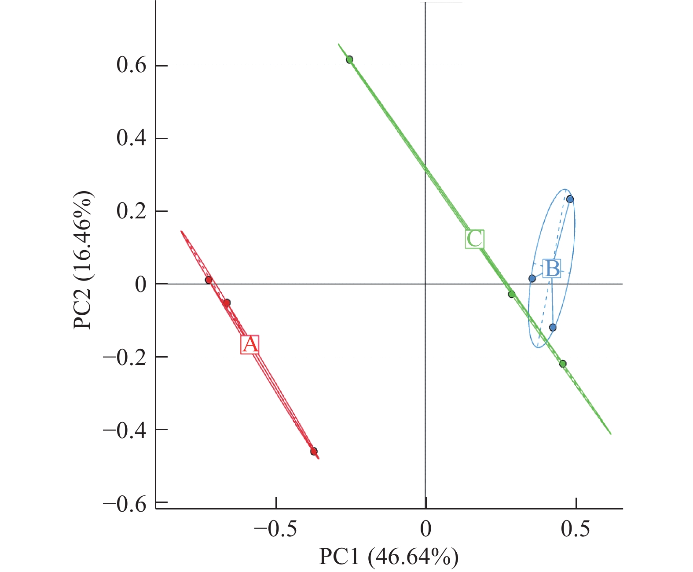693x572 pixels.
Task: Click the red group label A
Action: pyautogui.click(x=250, y=344)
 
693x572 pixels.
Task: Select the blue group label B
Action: pyautogui.click(x=552, y=269)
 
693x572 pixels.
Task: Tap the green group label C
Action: pyautogui.click(x=475, y=239)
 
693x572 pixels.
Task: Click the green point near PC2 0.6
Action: pyautogui.click(x=349, y=59)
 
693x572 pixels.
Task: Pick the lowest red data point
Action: pyautogui.click(x=314, y=451)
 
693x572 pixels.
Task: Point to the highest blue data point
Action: pyautogui.click(x=570, y=199)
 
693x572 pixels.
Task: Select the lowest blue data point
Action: pyautogui.click(x=553, y=328)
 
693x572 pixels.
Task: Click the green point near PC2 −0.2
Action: pyautogui.click(x=563, y=364)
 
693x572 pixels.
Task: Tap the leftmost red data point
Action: pyautogui.click(x=209, y=280)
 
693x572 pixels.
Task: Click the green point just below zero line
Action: pyautogui.click(x=511, y=294)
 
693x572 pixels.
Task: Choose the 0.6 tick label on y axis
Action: pyautogui.click(x=131, y=66)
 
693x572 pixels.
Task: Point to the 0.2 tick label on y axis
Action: pyautogui.click(x=131, y=211)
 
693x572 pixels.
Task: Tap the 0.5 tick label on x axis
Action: pyautogui.click(x=576, y=528)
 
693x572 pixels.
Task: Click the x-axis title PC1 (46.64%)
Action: pyautogui.click(x=389, y=557)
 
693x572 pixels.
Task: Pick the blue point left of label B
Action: pyautogui.click(x=532, y=278)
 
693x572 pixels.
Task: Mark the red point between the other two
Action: pyautogui.click(x=227, y=303)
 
